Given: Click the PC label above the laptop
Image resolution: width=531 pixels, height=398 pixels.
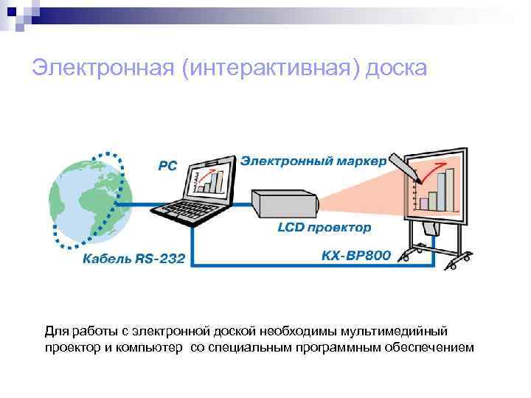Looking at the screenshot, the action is (x=168, y=167).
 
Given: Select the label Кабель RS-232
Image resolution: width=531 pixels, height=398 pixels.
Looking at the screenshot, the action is (x=134, y=259).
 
